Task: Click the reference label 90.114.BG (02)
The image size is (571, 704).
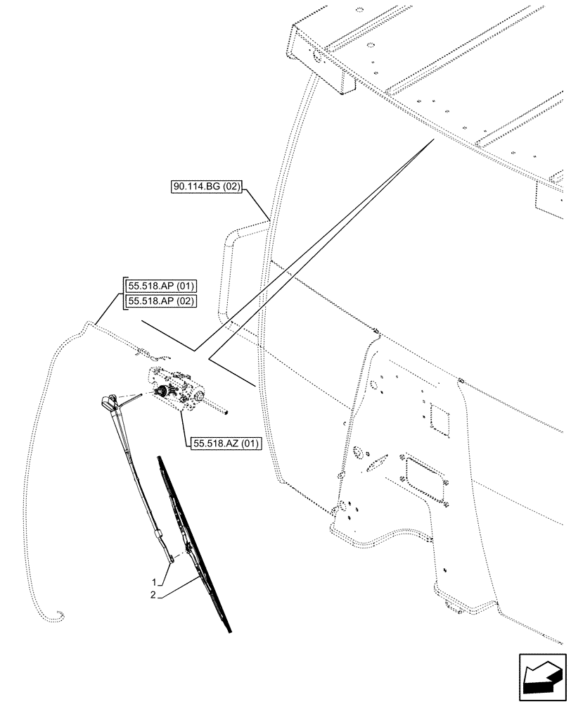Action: click(206, 187)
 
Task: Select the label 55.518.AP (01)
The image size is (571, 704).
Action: click(161, 286)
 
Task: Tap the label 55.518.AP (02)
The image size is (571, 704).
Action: click(161, 301)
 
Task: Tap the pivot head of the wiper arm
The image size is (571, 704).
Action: click(111, 403)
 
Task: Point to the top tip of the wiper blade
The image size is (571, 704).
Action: click(160, 459)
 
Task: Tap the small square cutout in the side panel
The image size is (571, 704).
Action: click(440, 419)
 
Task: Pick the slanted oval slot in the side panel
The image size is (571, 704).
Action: click(377, 463)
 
